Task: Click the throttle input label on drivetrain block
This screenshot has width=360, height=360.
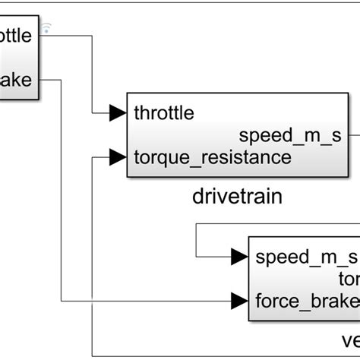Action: [x=163, y=113]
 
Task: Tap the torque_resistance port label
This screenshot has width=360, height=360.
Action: [x=212, y=158]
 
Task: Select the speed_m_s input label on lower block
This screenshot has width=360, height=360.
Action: [x=303, y=256]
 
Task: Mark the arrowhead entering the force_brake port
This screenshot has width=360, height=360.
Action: [x=240, y=301]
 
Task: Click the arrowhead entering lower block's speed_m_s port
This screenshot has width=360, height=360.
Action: [x=240, y=256]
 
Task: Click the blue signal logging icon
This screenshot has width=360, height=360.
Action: [x=46, y=28]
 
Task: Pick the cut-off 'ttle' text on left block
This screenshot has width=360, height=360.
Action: [x=17, y=35]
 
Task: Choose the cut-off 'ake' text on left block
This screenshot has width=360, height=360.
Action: [x=17, y=79]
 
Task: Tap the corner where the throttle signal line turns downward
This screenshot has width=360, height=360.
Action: [x=93, y=35]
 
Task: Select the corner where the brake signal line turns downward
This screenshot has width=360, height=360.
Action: [x=62, y=79]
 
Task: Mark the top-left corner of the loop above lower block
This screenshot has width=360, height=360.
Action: [x=197, y=224]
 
